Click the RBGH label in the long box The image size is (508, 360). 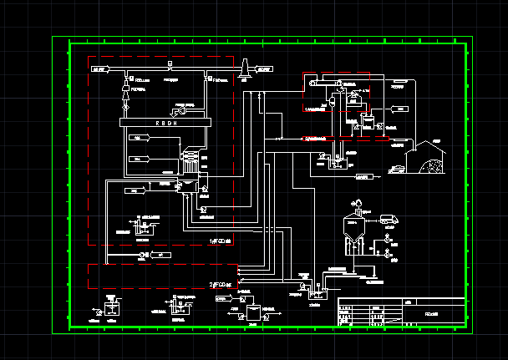pos(167,122)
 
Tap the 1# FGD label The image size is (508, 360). pos(221,241)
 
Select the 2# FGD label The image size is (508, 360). pos(221,286)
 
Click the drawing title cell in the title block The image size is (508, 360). pos(432,313)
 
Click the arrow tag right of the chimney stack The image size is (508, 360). pos(262,70)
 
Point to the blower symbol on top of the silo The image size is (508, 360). pos(357,202)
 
